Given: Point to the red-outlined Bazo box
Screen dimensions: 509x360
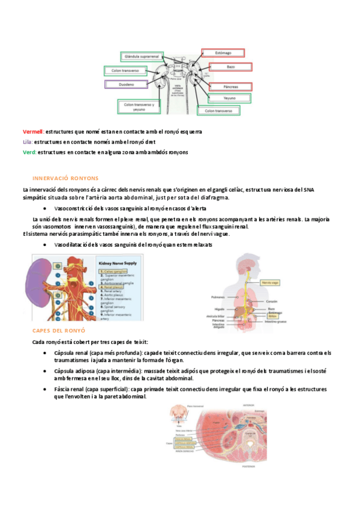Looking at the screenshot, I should (221, 66).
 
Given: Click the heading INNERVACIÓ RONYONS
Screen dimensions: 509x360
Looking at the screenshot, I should (65, 178).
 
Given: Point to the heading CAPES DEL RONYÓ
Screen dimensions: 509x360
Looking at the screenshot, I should (59, 331).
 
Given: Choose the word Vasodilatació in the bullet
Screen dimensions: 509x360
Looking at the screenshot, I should (76, 245).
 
